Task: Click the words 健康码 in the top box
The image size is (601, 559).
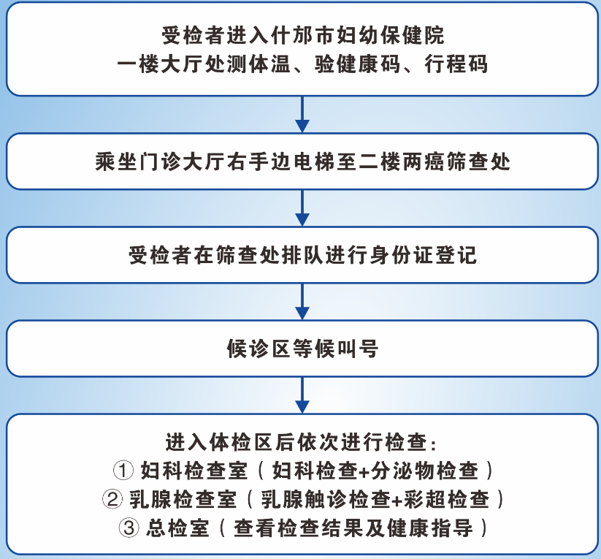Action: [365, 64]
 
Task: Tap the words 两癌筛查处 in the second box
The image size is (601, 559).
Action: [455, 161]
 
